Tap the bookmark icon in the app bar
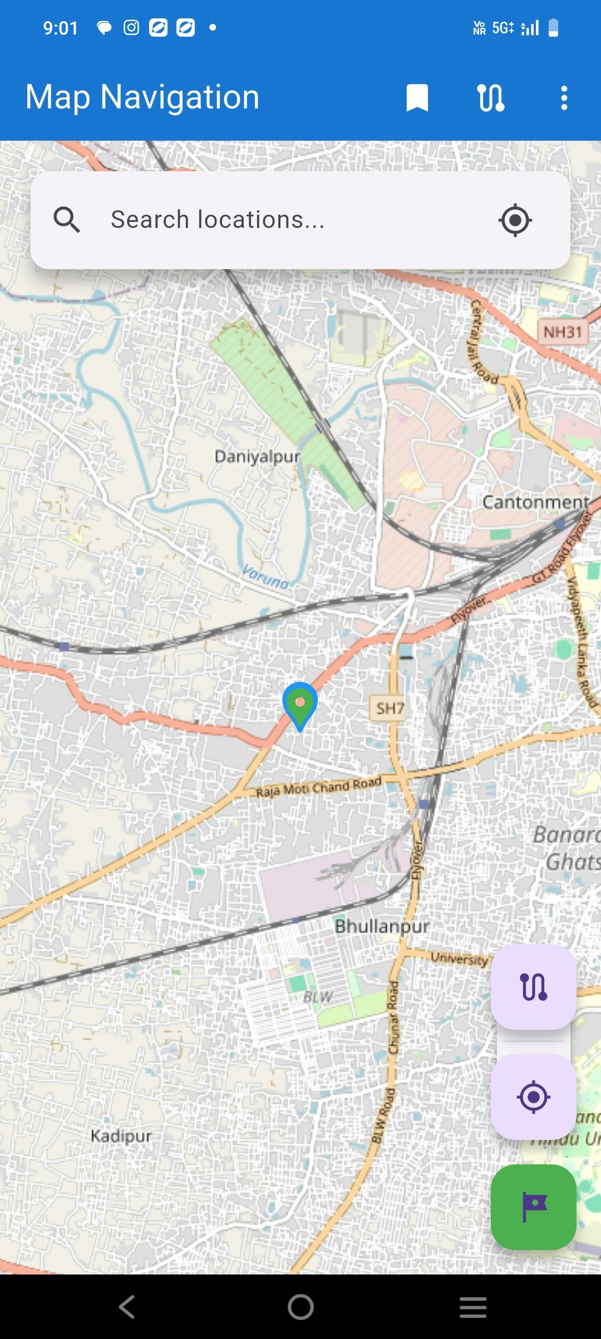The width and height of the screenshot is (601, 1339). point(417,98)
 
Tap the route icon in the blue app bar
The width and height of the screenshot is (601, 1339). point(491,98)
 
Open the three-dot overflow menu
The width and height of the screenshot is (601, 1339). point(564,98)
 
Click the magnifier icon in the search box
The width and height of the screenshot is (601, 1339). point(67,220)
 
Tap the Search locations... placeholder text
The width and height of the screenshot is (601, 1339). point(218,220)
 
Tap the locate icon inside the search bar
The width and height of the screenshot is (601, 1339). point(515,220)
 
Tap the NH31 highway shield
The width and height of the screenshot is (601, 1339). point(563,332)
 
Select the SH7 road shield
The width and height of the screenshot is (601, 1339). point(388,708)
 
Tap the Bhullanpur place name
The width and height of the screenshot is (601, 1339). point(382,926)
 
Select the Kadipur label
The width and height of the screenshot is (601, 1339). point(121,1135)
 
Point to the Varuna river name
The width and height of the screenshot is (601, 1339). point(265,577)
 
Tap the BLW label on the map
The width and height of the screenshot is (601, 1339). point(318,996)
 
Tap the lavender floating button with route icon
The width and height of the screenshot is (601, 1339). point(533,987)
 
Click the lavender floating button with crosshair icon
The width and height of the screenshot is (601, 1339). point(533,1097)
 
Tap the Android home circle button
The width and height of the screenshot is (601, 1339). point(300,1307)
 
